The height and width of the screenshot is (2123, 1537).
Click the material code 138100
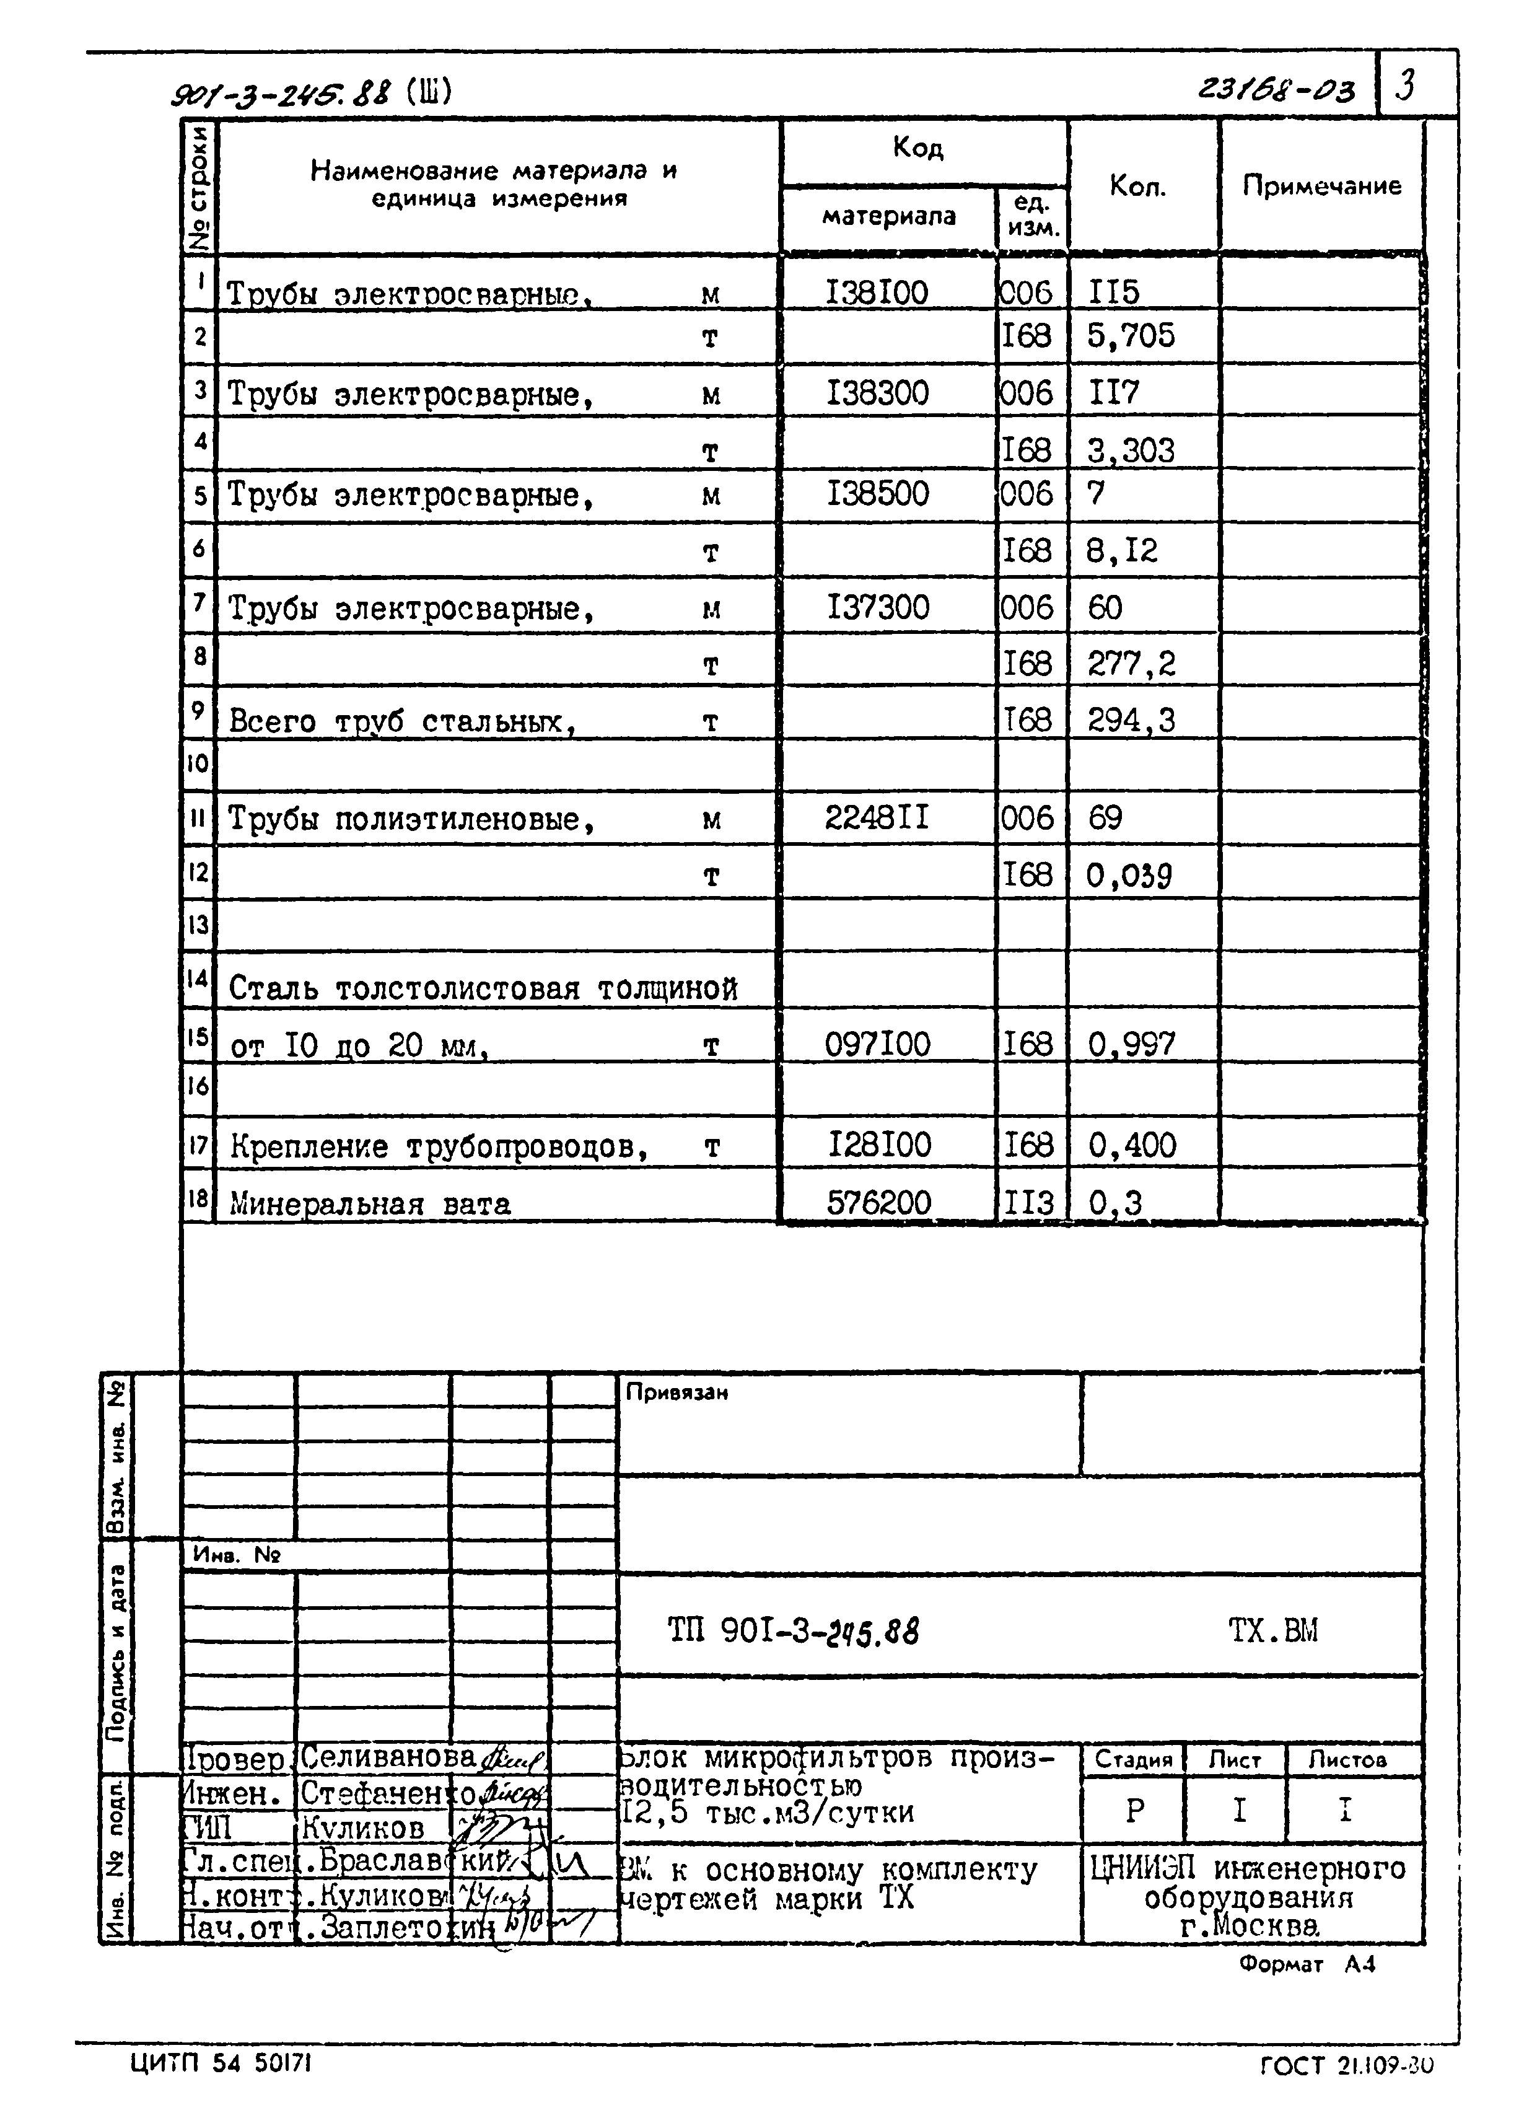876,293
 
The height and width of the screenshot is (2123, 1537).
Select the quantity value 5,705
1130,336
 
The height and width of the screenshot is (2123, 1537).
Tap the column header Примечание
1321,187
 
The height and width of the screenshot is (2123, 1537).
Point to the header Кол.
1137,187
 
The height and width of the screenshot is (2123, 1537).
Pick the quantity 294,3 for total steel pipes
1131,721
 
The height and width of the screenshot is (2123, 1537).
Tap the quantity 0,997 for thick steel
1131,1044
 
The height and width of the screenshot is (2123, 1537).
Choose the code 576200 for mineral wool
878,1203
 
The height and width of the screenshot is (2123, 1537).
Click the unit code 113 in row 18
1028,1203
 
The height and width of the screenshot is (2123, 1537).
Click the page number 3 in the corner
1404,86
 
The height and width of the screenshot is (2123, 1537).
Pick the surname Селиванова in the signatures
388,1757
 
